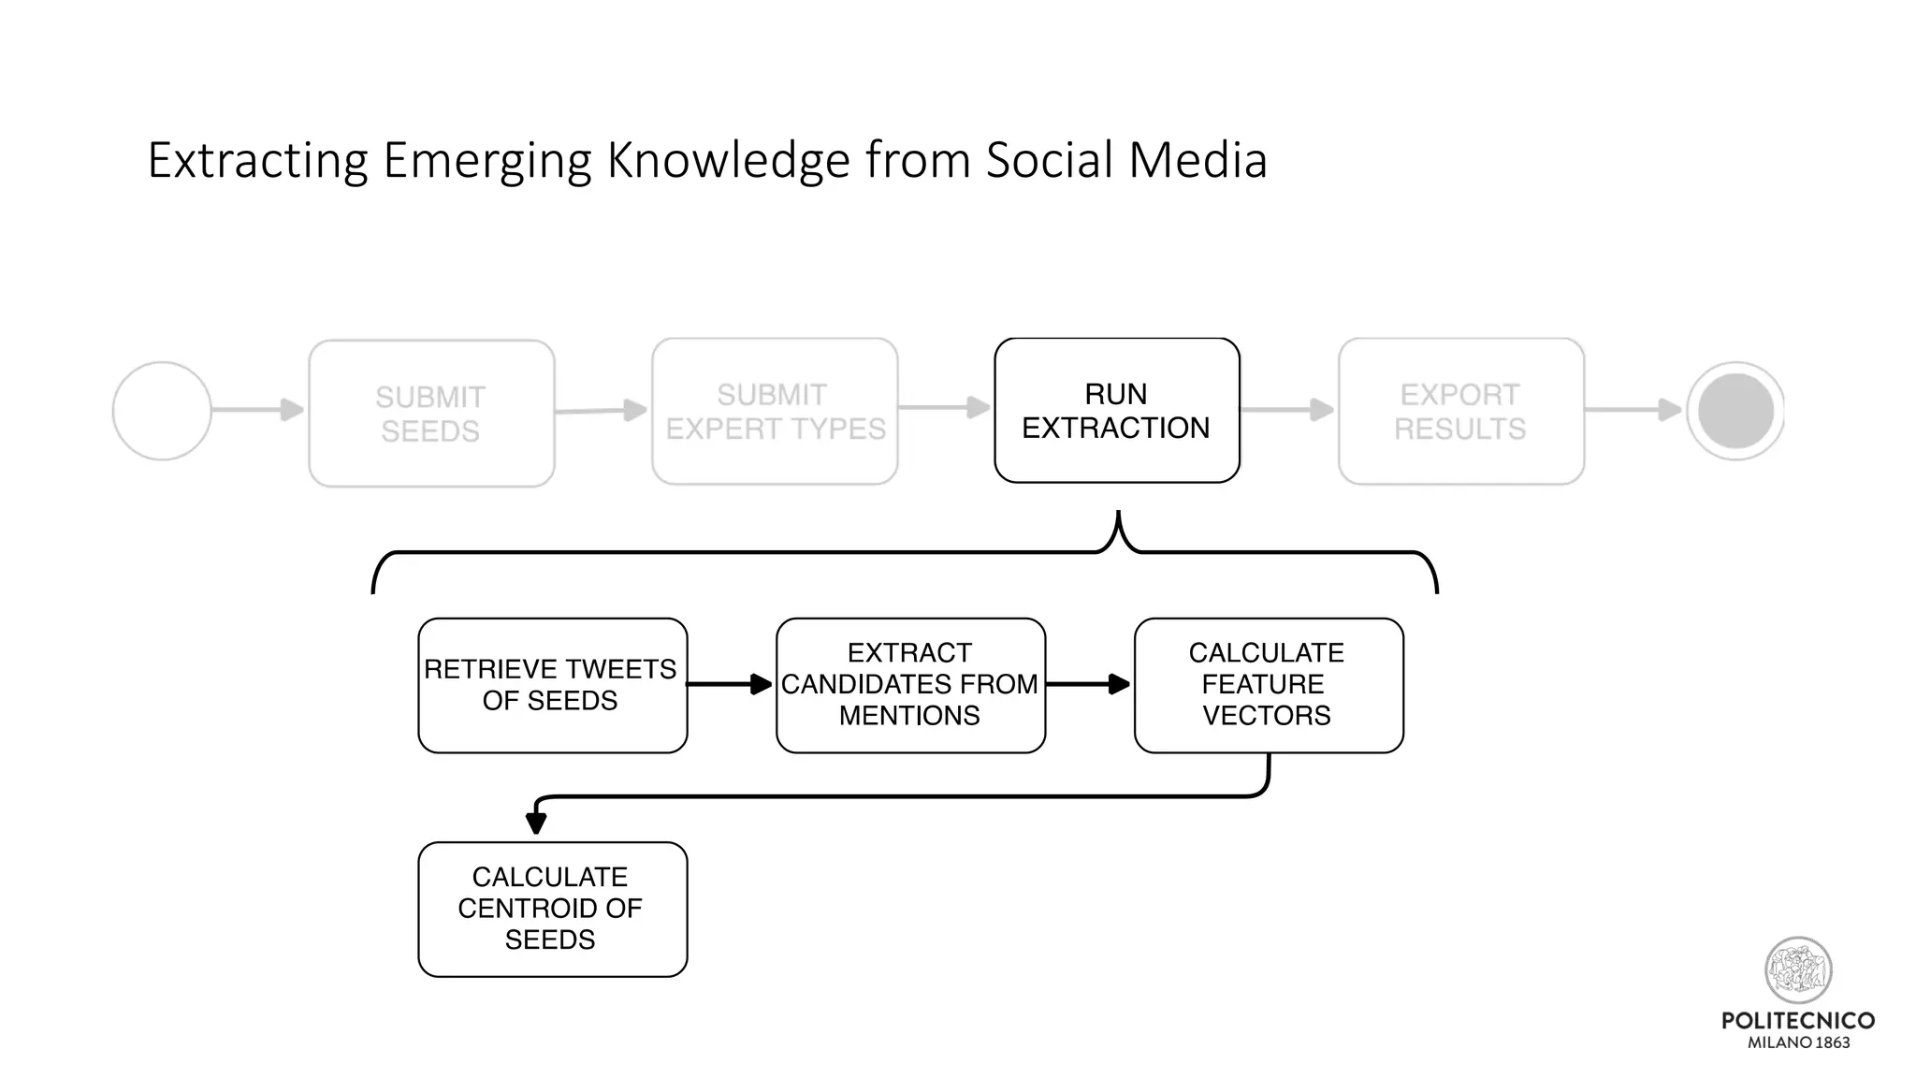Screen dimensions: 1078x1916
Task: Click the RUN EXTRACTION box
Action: coord(1116,411)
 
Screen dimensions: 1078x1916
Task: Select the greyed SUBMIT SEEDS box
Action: coord(431,414)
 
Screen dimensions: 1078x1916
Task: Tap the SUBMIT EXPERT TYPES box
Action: coord(775,412)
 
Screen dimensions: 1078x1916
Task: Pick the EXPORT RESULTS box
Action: coord(1460,412)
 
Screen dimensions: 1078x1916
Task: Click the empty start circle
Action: coord(162,411)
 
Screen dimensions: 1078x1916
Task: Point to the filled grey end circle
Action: coord(1735,411)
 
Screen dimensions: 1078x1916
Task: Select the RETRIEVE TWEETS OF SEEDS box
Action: coord(552,685)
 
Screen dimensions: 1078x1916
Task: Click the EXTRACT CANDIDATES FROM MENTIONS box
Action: coord(910,685)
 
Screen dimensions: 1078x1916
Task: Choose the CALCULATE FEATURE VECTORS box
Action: coord(1268,685)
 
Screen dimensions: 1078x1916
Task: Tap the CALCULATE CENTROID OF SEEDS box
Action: coord(552,909)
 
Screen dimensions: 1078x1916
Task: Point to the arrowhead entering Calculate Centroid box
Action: coord(536,823)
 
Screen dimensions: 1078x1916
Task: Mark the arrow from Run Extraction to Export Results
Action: coord(1287,410)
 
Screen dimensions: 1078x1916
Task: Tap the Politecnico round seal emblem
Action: coord(1798,969)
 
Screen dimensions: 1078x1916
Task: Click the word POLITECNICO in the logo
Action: coord(1798,1021)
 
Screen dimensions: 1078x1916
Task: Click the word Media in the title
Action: coord(1197,160)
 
